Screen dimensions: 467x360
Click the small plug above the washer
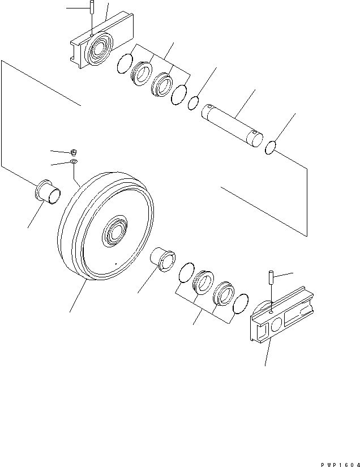coord(75,152)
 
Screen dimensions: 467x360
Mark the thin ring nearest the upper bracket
coord(124,65)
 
